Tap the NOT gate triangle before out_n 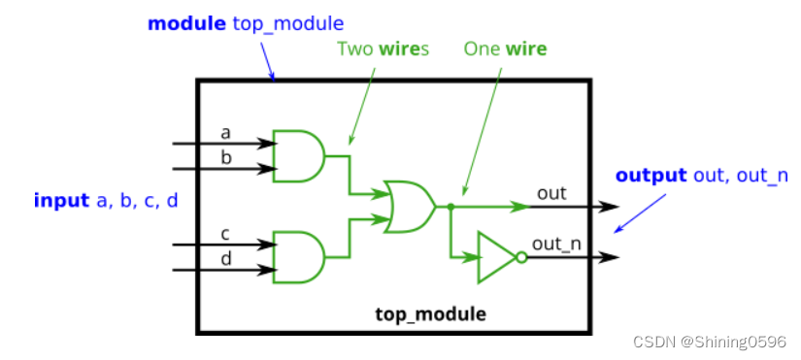point(495,257)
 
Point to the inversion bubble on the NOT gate point(521,257)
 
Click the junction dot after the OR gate point(451,206)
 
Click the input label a point(225,132)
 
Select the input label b point(225,157)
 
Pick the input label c point(225,234)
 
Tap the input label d point(225,259)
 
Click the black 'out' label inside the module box point(551,193)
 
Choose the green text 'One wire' point(505,48)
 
